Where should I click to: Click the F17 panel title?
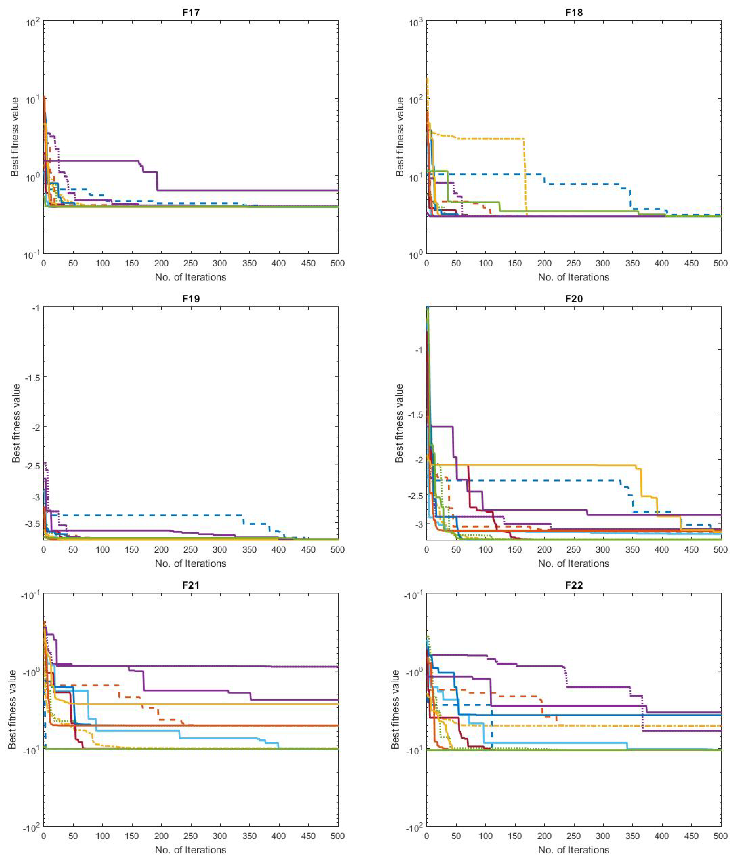pyautogui.click(x=191, y=12)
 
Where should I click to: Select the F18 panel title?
pyautogui.click(x=574, y=12)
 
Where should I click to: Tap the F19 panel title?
pyautogui.click(x=191, y=299)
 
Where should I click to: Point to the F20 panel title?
pyautogui.click(x=574, y=299)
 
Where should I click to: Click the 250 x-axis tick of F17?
pyautogui.click(x=191, y=263)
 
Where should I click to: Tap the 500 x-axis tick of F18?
pyautogui.click(x=720, y=263)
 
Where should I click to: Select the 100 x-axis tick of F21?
pyautogui.click(x=103, y=836)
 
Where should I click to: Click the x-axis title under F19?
pyautogui.click(x=191, y=564)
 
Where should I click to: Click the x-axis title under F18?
pyautogui.click(x=574, y=277)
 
